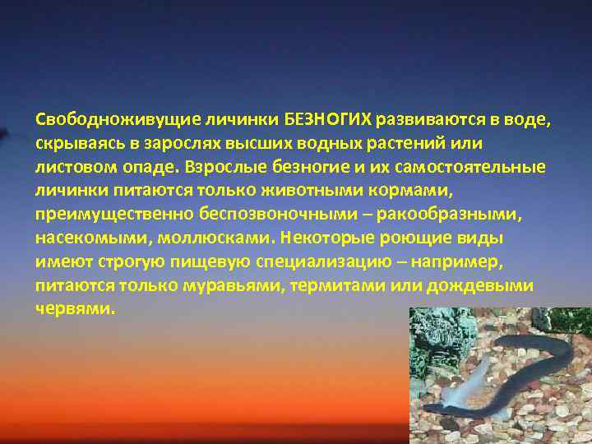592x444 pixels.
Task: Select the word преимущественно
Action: (x=112, y=215)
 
